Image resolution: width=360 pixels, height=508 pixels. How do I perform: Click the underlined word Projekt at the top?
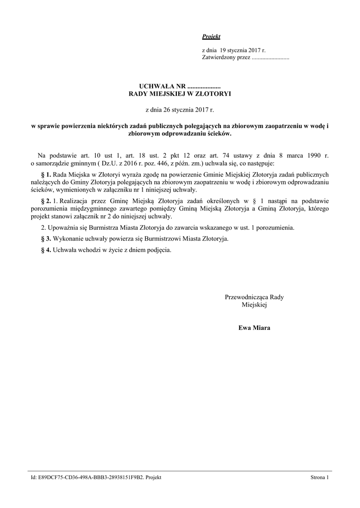(211, 37)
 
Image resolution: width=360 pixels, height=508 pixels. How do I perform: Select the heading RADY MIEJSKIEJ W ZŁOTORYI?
(180, 93)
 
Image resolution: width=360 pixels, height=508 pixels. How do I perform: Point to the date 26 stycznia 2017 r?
(183, 109)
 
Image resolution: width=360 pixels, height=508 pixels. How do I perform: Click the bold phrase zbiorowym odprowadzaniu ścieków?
(180, 133)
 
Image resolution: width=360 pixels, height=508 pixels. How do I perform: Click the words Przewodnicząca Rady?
(254, 297)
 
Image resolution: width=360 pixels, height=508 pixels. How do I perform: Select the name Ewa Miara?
(254, 328)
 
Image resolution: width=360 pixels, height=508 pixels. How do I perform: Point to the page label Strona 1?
(319, 477)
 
